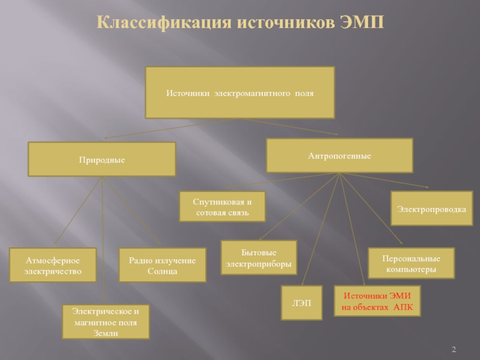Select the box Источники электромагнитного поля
240,93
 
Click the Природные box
102,160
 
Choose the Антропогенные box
340,156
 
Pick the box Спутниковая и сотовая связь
222,207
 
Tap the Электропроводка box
431,208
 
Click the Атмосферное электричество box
53,265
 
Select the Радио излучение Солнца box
163,265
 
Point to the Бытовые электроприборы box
259,258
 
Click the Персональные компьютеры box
411,264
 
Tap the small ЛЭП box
301,303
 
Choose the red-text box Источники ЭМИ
377,301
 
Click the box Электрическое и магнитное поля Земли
106,322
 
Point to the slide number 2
454,350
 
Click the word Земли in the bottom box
106,333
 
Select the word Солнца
163,271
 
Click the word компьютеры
411,270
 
